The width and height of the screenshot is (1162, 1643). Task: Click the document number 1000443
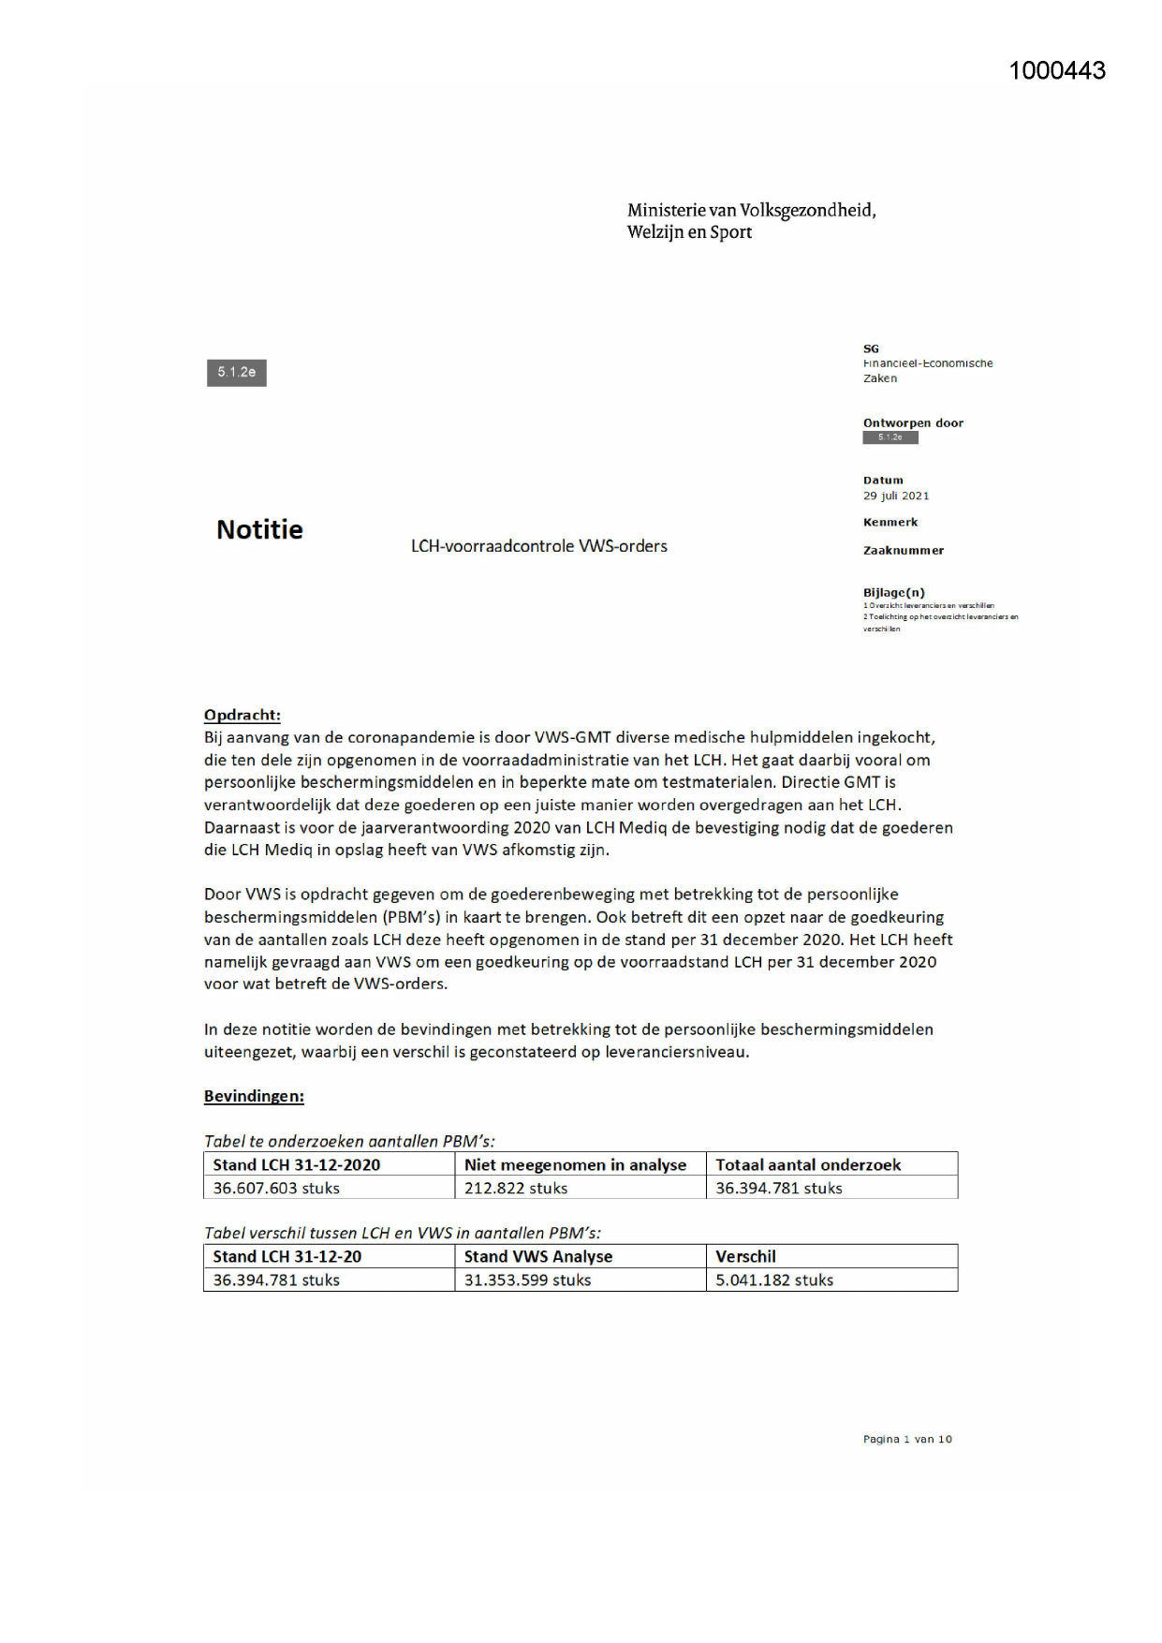pyautogui.click(x=1057, y=71)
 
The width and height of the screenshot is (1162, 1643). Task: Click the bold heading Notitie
pyautogui.click(x=259, y=530)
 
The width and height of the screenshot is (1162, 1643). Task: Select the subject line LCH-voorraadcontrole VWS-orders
pyautogui.click(x=538, y=546)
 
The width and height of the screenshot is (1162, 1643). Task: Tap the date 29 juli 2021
pyautogui.click(x=896, y=496)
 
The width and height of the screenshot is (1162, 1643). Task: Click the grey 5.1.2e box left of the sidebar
pyautogui.click(x=237, y=373)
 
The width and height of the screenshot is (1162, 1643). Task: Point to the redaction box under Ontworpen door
pyautogui.click(x=890, y=437)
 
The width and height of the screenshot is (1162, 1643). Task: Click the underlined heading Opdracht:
pyautogui.click(x=243, y=716)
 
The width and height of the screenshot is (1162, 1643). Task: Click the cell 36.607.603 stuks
pyautogui.click(x=276, y=1189)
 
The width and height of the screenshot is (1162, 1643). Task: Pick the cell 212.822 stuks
pyautogui.click(x=516, y=1189)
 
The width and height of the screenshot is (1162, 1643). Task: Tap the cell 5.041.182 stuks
pyautogui.click(x=774, y=1280)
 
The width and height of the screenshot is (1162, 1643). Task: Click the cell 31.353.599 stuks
pyautogui.click(x=527, y=1280)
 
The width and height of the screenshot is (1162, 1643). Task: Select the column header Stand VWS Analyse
pyautogui.click(x=538, y=1257)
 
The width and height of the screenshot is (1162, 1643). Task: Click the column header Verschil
pyautogui.click(x=746, y=1257)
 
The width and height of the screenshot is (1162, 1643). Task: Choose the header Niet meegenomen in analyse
pyautogui.click(x=575, y=1165)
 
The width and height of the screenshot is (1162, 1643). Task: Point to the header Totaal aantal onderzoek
pyautogui.click(x=808, y=1165)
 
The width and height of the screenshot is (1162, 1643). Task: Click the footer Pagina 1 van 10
pyautogui.click(x=907, y=1440)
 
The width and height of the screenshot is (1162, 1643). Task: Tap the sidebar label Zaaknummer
pyautogui.click(x=904, y=551)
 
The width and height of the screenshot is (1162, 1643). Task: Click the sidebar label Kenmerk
pyautogui.click(x=890, y=523)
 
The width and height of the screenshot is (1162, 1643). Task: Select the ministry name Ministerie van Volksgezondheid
pyautogui.click(x=751, y=211)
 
